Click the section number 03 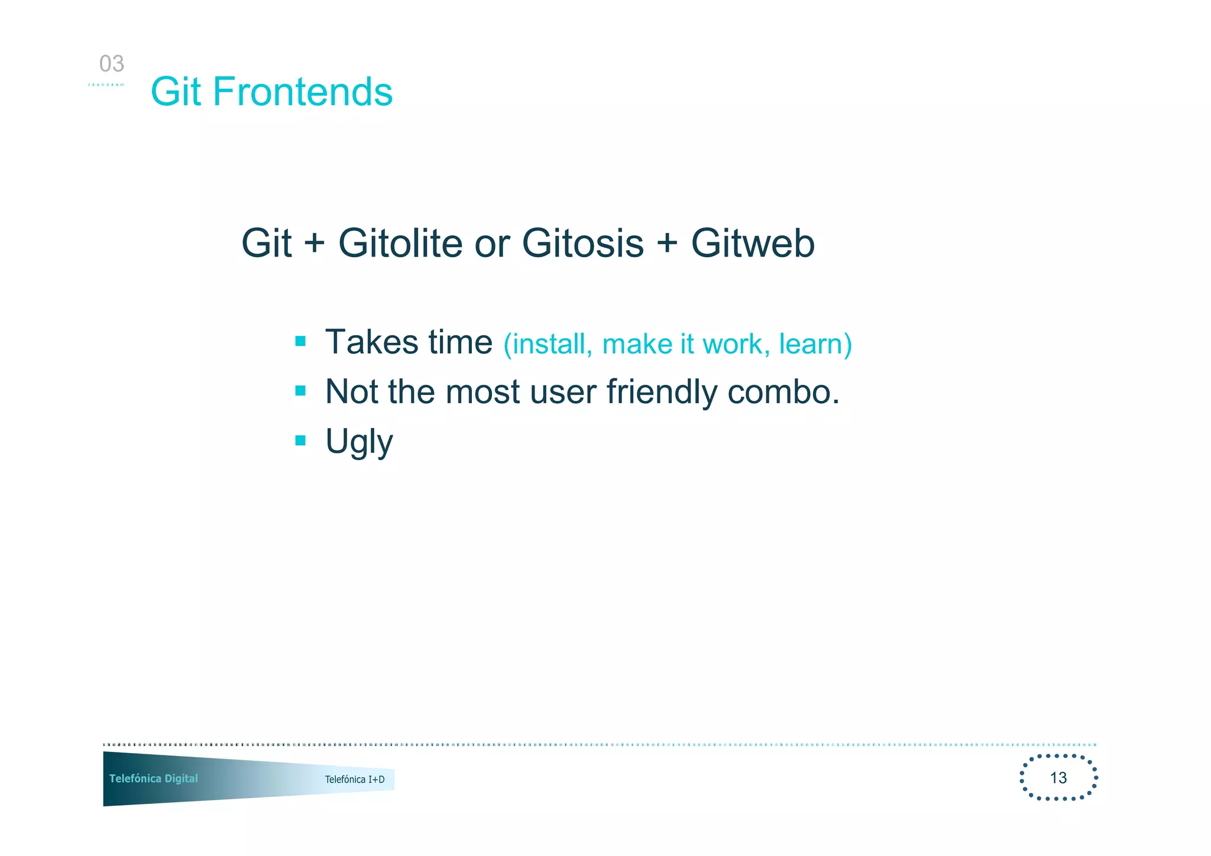pos(111,64)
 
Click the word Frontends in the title pos(302,92)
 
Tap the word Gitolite pos(400,243)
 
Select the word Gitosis pos(582,243)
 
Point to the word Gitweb pos(753,243)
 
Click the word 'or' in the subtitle pos(492,244)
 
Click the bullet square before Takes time pos(300,341)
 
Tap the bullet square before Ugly pos(300,440)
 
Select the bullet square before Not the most pos(300,391)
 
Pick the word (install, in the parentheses pos(548,344)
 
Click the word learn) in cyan pos(815,344)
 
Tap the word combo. pos(783,392)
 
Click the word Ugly pos(359,442)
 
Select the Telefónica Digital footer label pos(153,779)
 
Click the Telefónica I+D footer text pos(354,780)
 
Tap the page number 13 pos(1058,778)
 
